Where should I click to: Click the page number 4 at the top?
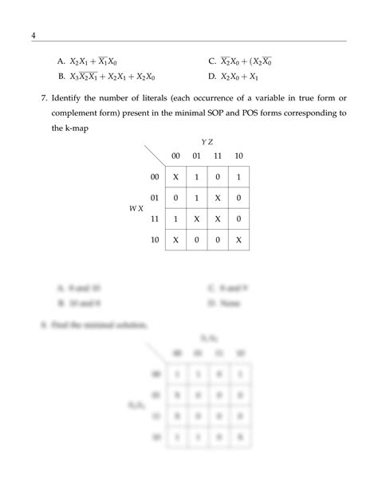(33, 35)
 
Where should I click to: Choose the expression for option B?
(112, 77)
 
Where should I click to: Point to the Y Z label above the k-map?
(204, 140)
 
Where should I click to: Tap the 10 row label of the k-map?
(156, 238)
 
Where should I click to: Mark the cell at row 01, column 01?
(196, 197)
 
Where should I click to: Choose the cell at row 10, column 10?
(238, 238)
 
